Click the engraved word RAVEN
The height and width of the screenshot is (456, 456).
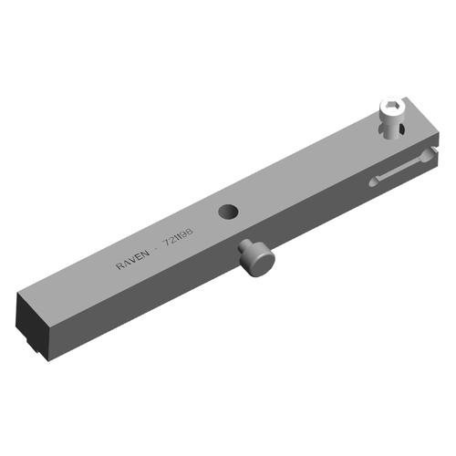click(x=134, y=261)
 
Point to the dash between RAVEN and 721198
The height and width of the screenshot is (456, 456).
click(x=156, y=253)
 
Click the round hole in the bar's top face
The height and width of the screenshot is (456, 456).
click(x=228, y=212)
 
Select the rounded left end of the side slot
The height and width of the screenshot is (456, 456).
click(x=374, y=181)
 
